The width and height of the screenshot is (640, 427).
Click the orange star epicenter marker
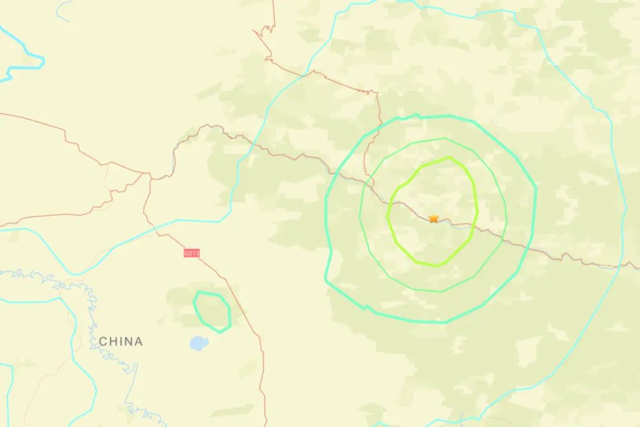point(434,218)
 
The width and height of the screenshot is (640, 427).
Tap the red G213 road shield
point(191,253)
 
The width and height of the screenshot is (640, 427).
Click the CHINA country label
point(121,342)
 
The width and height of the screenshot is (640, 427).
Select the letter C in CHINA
point(103,342)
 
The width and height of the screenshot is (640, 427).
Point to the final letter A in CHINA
point(138,342)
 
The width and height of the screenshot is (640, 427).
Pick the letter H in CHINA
point(113,342)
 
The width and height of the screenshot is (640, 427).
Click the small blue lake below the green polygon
point(197,343)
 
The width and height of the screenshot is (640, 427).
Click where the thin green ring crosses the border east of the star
point(504,238)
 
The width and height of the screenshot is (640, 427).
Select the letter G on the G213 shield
point(186,253)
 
